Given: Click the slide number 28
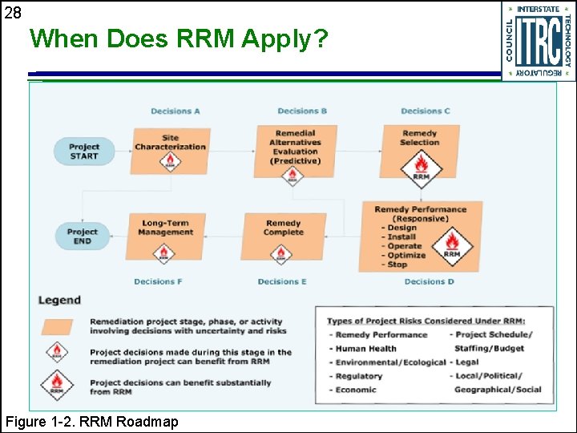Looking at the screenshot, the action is (x=12, y=12).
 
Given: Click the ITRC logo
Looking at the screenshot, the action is (x=539, y=41).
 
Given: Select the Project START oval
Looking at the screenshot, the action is (x=84, y=152).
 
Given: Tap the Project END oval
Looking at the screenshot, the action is (x=83, y=237).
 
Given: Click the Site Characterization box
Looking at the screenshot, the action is (x=171, y=143).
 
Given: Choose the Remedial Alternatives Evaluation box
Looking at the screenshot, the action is (x=295, y=147).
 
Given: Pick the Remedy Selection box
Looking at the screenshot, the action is (x=420, y=138).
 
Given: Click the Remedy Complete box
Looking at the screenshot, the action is (x=284, y=228).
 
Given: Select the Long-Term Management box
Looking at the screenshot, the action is (x=166, y=228).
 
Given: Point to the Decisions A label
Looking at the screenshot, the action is (x=176, y=111).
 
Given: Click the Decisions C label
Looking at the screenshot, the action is (x=426, y=111).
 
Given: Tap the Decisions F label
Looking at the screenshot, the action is (x=158, y=281).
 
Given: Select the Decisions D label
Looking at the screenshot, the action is (x=430, y=281).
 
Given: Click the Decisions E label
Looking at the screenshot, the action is (x=282, y=281).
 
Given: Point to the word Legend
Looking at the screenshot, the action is (x=59, y=300).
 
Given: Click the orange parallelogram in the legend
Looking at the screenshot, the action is (x=57, y=326).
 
